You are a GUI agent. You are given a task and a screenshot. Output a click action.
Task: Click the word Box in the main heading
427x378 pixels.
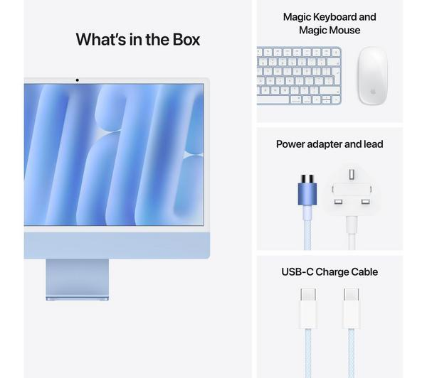coord(186,39)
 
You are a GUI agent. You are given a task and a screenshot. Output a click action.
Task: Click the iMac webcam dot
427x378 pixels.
coord(78,80)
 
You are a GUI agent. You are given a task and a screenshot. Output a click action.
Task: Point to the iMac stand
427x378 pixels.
coord(78,279)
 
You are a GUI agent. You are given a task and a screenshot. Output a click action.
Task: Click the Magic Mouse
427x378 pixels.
coord(372,75)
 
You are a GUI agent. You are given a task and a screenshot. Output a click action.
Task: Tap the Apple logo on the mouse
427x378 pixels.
coord(373,92)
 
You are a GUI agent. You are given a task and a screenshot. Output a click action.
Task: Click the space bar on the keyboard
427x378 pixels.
coord(273,99)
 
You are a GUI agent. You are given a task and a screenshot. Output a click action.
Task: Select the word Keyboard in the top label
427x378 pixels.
coord(334,17)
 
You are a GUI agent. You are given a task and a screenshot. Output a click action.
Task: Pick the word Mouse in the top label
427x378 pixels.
coord(344,30)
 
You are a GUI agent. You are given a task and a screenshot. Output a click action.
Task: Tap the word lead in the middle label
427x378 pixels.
coord(374,144)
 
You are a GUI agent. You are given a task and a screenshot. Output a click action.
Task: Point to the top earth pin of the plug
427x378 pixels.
coord(352,174)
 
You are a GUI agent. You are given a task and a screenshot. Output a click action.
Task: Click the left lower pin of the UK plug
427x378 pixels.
coord(338,202)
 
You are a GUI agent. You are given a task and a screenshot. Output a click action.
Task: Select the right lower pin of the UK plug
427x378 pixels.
coord(365,202)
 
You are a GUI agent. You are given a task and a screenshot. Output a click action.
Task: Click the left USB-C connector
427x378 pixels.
coord(308,308)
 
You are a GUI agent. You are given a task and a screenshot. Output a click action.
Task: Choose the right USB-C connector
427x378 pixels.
coord(351,308)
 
